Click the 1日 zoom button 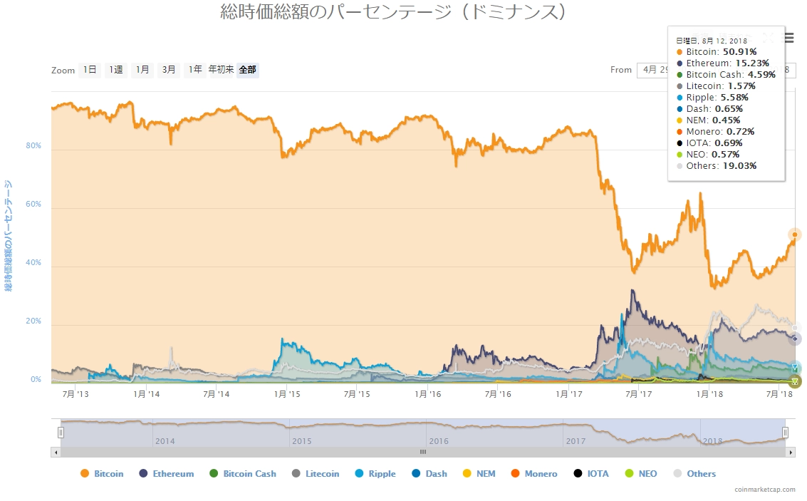point(90,70)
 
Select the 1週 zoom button point(115,70)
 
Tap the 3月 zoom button point(169,70)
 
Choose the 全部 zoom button point(248,70)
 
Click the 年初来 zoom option point(221,70)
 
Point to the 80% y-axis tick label point(33,145)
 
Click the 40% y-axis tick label point(33,263)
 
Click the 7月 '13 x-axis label point(77,393)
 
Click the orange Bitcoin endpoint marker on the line point(795,234)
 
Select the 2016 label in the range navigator point(439,441)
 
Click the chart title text point(394,12)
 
